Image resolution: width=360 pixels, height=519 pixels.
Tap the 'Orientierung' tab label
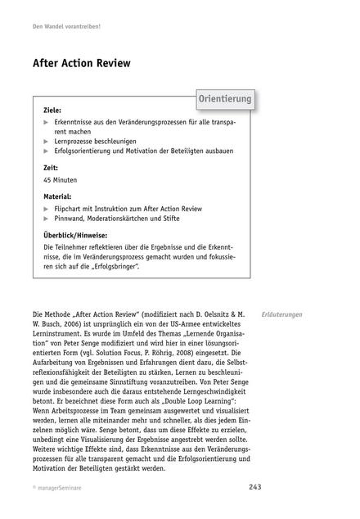[226, 99]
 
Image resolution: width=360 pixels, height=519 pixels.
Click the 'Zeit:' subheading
[52, 167]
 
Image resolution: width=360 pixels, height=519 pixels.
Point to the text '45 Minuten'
[61, 180]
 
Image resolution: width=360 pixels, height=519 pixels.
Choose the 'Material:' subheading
[57, 196]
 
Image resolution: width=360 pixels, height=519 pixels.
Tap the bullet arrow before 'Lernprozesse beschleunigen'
[46, 141]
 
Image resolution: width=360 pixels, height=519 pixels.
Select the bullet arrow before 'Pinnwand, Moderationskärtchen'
[46, 219]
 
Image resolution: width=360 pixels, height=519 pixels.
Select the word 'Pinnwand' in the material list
[70, 219]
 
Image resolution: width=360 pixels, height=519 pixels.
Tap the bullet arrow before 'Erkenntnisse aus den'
[46, 121]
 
